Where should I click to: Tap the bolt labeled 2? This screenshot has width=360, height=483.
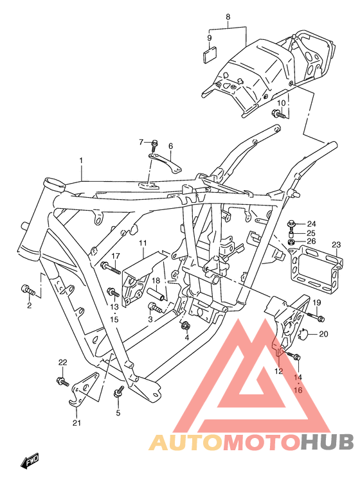[28, 290]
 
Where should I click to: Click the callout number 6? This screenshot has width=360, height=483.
[171, 146]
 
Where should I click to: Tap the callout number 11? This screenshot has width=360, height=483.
[143, 243]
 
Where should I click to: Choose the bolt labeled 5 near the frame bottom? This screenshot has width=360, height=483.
[119, 391]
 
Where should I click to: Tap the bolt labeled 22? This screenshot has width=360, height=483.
[63, 382]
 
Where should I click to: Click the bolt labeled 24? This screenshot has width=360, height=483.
[291, 224]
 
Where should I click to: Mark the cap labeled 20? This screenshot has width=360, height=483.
[305, 333]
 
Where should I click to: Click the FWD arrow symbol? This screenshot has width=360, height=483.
[32, 461]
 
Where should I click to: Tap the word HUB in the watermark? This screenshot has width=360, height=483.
[327, 442]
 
